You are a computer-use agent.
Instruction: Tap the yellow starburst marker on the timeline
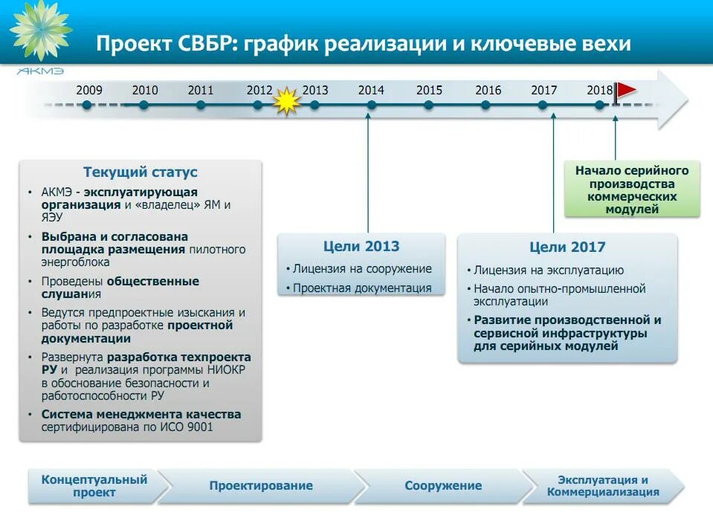[x=285, y=102]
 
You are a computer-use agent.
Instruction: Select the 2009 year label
[x=89, y=91]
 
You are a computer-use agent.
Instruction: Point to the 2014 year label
[x=371, y=91]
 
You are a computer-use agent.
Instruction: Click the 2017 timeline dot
[x=543, y=105]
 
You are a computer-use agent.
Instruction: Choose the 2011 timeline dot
[x=201, y=105]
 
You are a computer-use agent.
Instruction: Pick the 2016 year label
[x=488, y=91]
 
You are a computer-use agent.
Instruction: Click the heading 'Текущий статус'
[x=141, y=172]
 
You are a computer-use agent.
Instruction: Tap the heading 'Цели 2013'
[x=361, y=246]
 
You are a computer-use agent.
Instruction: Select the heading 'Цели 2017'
[x=567, y=247]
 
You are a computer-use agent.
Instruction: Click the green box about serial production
[x=632, y=190]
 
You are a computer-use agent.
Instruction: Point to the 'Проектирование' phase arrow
[x=261, y=486]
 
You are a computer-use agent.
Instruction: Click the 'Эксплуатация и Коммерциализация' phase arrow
[x=603, y=486]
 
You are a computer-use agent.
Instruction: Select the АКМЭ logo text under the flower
[x=40, y=71]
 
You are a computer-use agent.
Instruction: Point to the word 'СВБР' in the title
[x=192, y=44]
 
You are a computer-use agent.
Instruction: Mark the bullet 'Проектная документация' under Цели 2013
[x=362, y=288]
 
